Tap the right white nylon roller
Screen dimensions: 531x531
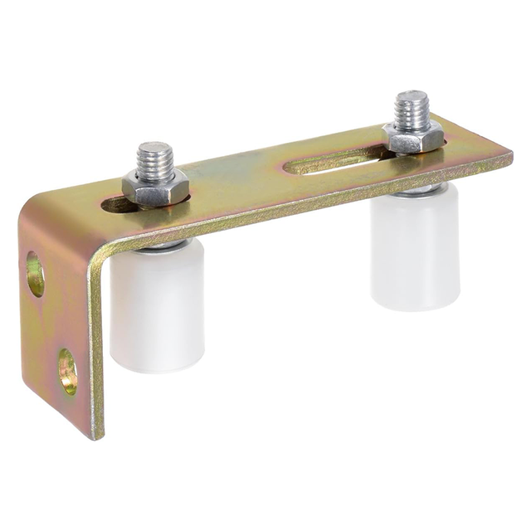point(415,249)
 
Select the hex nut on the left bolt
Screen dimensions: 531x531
point(155,187)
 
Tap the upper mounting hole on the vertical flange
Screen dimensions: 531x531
point(36,275)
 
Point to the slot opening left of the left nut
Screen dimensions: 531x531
point(114,203)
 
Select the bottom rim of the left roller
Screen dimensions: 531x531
point(158,365)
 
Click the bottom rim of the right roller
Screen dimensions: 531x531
point(415,304)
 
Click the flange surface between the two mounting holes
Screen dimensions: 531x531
point(51,324)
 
